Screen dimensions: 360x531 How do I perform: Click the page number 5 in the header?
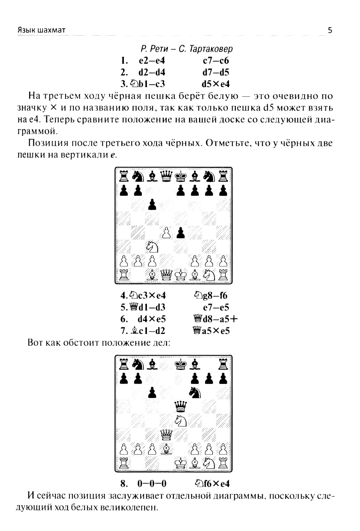pos(330,30)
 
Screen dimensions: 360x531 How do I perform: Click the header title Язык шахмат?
pos(41,30)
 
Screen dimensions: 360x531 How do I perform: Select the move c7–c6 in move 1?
pos(216,61)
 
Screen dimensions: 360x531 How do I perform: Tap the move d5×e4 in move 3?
pos(216,84)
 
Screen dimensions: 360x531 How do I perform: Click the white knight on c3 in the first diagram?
pos(152,247)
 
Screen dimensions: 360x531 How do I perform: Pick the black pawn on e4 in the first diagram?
pos(181,233)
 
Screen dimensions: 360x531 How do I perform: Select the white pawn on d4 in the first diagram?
pos(166,233)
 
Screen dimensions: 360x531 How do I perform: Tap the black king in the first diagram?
pos(181,176)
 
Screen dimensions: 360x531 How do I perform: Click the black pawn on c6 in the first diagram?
pos(152,205)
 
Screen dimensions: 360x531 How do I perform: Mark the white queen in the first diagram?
pos(166,275)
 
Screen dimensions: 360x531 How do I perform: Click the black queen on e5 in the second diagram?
pos(181,407)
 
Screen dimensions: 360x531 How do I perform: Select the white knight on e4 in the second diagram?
pos(181,421)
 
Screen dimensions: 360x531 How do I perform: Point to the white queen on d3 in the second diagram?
pos(166,435)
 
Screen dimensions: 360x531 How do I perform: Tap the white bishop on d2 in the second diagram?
pos(166,449)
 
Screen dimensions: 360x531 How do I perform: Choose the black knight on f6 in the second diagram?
pos(195,392)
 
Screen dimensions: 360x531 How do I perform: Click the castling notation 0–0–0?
pos(152,484)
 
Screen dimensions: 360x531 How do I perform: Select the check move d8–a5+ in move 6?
pos(216,319)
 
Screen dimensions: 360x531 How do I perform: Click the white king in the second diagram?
pos(181,463)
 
